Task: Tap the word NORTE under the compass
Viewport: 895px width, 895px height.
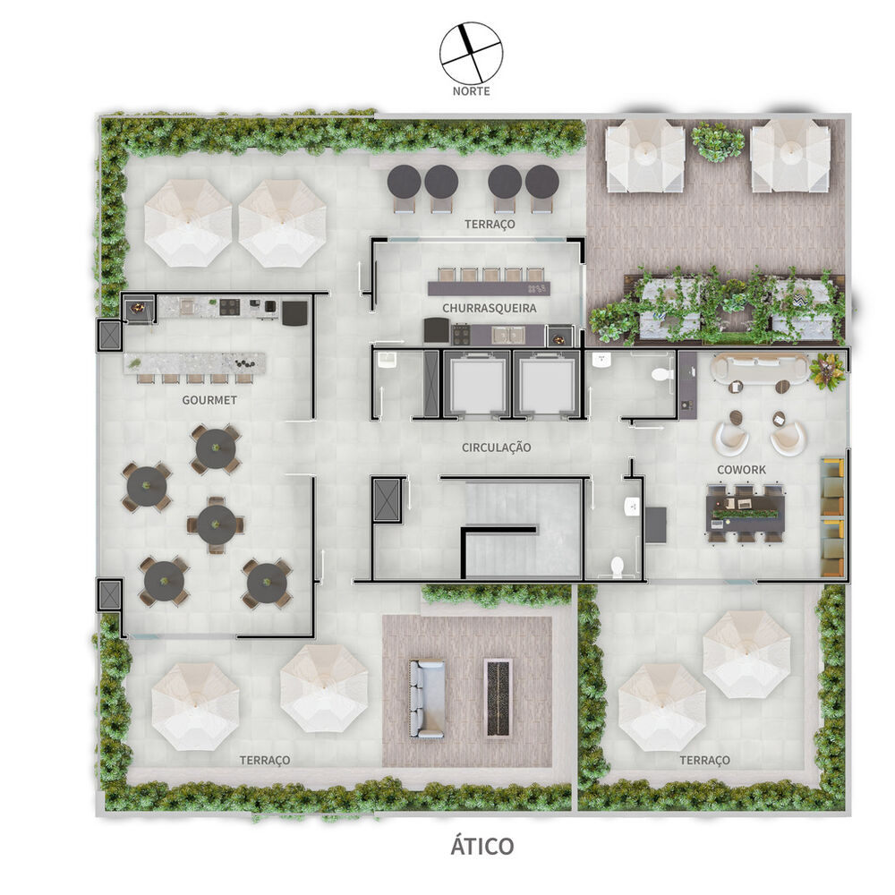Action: (471, 90)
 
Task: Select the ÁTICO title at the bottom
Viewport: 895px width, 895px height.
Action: (482, 846)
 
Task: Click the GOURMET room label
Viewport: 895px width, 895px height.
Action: (209, 400)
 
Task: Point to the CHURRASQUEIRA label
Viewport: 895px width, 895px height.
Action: (489, 308)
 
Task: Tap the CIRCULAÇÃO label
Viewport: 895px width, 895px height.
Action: (497, 447)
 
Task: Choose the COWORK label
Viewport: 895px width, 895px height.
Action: (741, 469)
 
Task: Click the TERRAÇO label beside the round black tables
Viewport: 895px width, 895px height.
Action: (490, 224)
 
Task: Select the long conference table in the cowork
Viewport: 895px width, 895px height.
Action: (745, 513)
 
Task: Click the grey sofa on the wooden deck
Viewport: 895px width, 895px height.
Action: (427, 698)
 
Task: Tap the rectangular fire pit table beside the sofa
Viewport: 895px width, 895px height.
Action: (497, 697)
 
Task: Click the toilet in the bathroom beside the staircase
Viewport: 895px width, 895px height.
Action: (617, 567)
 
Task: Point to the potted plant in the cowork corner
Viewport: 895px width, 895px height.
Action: (828, 370)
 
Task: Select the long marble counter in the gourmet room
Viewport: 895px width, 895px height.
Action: (196, 362)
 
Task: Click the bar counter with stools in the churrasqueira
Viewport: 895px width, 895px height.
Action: (489, 287)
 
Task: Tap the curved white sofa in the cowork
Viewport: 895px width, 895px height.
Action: (759, 368)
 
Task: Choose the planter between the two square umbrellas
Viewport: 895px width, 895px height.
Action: (718, 141)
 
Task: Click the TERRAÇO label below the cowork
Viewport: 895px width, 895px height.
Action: (704, 760)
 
